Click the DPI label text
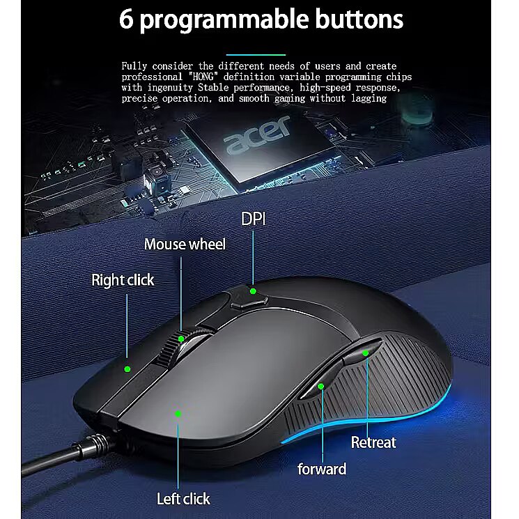(x=253, y=219)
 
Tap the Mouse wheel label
(x=185, y=245)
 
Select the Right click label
(x=123, y=280)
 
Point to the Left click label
(x=183, y=499)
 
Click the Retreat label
(x=373, y=442)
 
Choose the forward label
(x=322, y=469)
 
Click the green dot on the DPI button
(x=253, y=291)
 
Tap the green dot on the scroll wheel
(x=181, y=339)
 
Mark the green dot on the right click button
(x=127, y=369)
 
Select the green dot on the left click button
(x=178, y=414)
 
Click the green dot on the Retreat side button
(x=366, y=353)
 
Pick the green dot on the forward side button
(x=320, y=386)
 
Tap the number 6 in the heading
(x=126, y=20)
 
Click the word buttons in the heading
(x=359, y=20)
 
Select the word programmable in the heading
(x=224, y=20)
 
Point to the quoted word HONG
(x=203, y=77)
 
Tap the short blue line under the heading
(x=256, y=54)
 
